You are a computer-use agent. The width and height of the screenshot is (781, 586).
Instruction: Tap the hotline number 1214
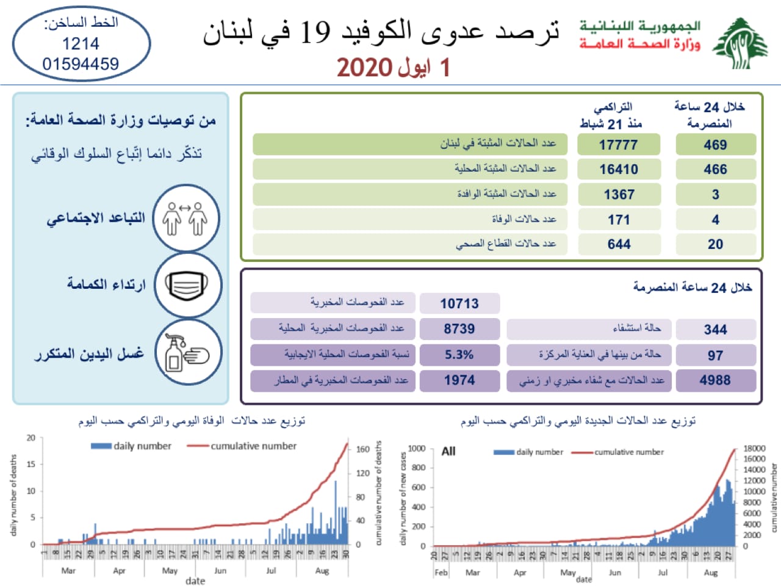pyautogui.click(x=81, y=44)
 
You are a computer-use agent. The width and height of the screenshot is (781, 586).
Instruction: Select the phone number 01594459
pyautogui.click(x=81, y=64)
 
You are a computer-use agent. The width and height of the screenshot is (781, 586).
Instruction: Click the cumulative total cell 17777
pyautogui.click(x=619, y=145)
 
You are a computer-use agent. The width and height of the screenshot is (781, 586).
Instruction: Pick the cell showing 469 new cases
pyautogui.click(x=715, y=145)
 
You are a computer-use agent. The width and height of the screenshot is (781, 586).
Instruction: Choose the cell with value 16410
pyautogui.click(x=619, y=170)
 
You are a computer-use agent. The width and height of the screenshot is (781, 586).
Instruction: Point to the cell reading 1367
pyautogui.click(x=619, y=195)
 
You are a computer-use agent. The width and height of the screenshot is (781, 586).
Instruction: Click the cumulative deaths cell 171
pyautogui.click(x=619, y=220)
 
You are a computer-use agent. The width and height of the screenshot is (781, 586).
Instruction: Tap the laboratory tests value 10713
pyautogui.click(x=459, y=303)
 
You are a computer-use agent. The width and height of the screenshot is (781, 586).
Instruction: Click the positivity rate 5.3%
pyautogui.click(x=459, y=355)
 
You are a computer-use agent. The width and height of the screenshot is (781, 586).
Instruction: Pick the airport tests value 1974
pyautogui.click(x=459, y=380)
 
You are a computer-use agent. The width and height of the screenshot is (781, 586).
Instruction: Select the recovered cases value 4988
pyautogui.click(x=715, y=380)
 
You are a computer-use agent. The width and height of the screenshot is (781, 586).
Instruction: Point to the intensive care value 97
pyautogui.click(x=715, y=355)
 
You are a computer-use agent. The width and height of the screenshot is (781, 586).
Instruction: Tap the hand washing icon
pyautogui.click(x=187, y=353)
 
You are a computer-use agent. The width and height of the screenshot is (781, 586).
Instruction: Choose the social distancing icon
pyautogui.click(x=185, y=219)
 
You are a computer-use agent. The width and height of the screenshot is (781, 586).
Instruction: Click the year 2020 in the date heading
pyautogui.click(x=364, y=68)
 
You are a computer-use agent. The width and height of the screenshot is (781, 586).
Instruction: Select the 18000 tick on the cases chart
pyautogui.click(x=754, y=449)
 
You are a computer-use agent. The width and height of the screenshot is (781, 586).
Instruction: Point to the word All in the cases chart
pyautogui.click(x=448, y=452)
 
